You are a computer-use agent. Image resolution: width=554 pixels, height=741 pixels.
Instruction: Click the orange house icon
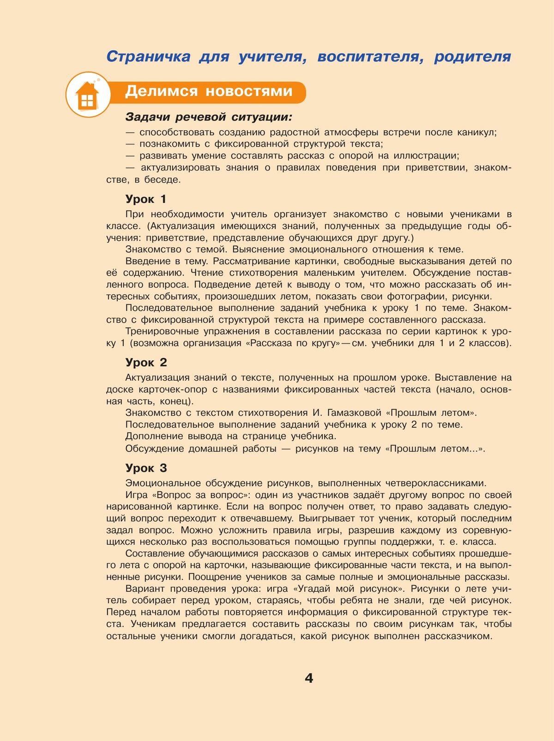[x=87, y=95]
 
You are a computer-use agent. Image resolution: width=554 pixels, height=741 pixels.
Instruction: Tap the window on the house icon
[x=87, y=100]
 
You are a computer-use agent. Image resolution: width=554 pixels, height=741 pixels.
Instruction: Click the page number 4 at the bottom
[x=309, y=678]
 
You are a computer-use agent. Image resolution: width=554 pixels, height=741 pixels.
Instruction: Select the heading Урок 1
[x=145, y=199]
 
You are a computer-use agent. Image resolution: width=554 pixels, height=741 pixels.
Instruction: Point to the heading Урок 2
[x=146, y=362]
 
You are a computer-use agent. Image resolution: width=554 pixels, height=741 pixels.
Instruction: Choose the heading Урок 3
[x=146, y=468]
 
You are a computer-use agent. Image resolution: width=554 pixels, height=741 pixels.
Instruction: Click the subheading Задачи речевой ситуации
[x=210, y=117]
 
